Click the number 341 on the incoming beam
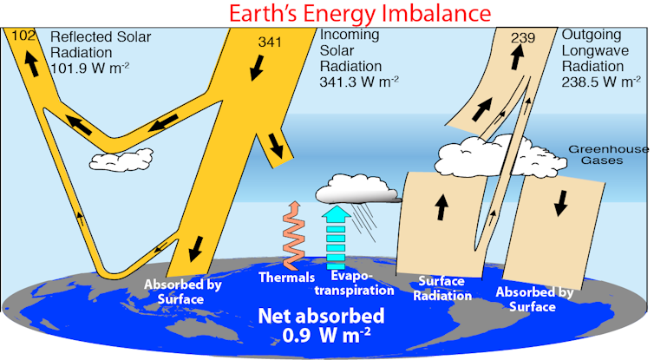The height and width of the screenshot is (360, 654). click(271, 41)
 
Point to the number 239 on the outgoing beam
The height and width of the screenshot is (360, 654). click(523, 36)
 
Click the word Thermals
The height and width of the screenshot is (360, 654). click(286, 278)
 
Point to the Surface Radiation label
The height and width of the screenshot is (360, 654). click(444, 288)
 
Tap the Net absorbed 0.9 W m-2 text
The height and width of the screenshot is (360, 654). click(328, 324)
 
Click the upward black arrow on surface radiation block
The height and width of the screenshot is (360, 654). click(441, 206)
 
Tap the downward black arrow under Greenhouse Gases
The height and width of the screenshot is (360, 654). click(561, 202)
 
